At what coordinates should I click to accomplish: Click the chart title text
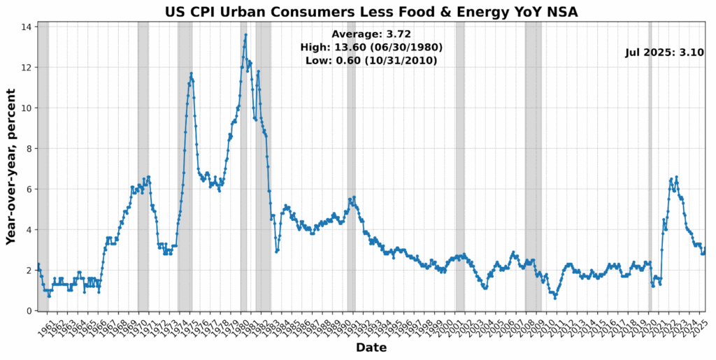(371, 11)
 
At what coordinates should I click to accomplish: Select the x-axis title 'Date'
(371, 347)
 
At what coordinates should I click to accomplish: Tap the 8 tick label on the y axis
(28, 148)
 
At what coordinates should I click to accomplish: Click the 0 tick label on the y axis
(28, 310)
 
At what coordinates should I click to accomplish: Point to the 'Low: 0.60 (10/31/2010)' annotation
(371, 60)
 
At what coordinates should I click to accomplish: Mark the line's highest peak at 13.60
(245, 35)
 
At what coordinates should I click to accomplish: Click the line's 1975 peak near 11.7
(191, 73)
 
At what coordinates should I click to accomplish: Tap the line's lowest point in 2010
(555, 298)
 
